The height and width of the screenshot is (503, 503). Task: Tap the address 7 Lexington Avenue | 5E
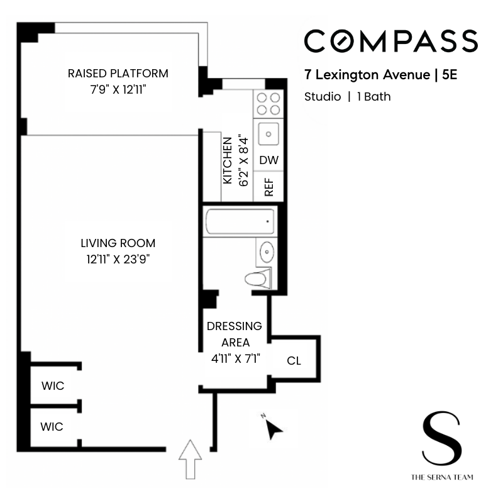coord(380,75)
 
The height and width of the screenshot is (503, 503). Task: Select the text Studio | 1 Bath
coord(347,96)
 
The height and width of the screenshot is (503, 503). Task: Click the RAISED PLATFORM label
coord(118,74)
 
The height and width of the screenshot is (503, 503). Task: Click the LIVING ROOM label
coord(118,243)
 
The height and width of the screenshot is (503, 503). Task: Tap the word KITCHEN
coord(228,160)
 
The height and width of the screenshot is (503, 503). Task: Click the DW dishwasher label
coord(268,160)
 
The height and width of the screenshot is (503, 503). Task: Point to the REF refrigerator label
coord(269,187)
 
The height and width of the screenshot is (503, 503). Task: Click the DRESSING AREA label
coord(235,334)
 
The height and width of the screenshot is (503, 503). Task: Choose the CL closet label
coord(294,361)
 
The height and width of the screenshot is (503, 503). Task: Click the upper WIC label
coord(52,386)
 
